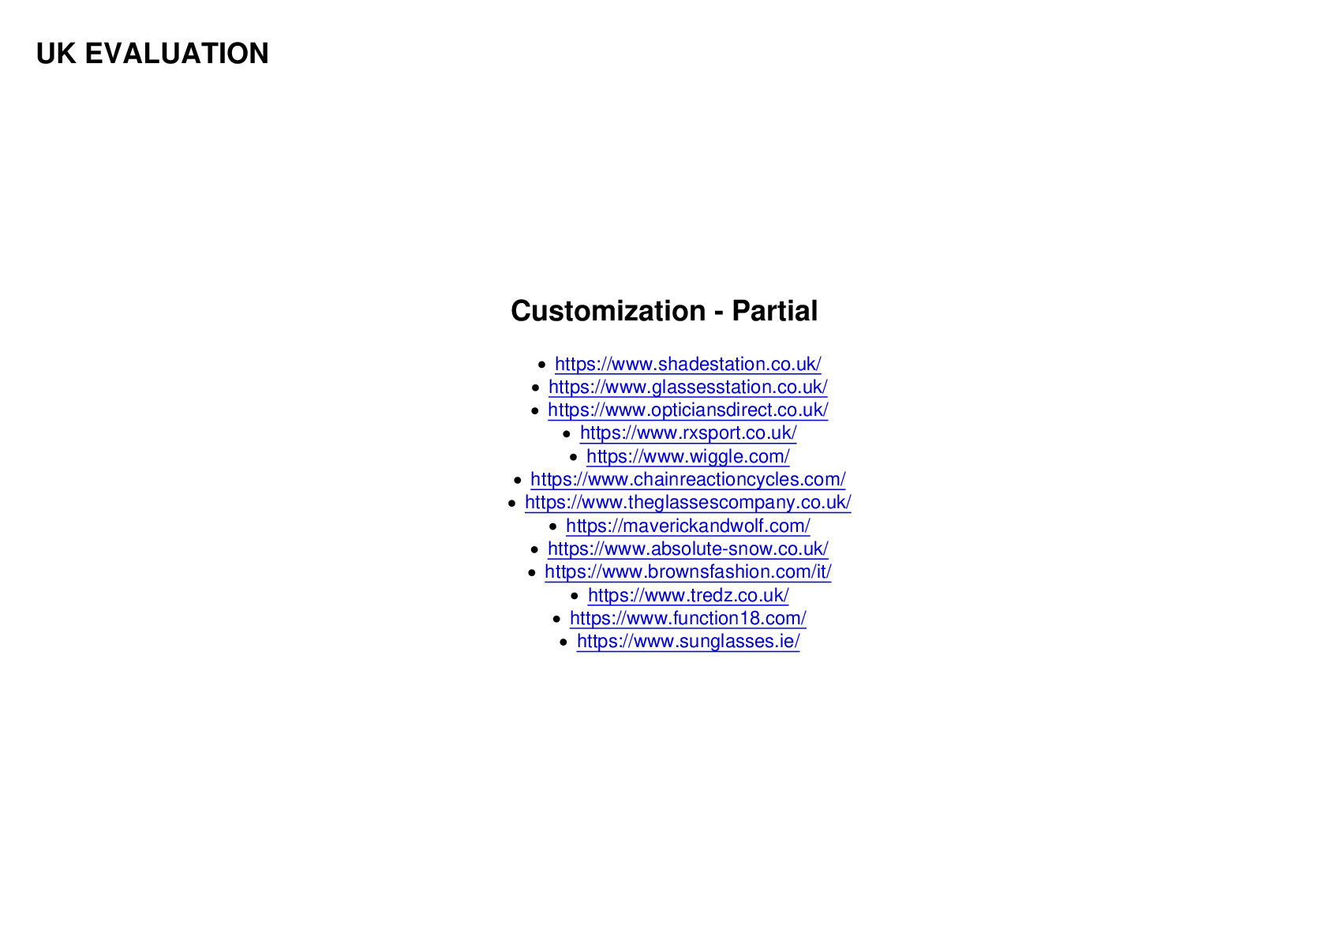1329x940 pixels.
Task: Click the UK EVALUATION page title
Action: coord(152,54)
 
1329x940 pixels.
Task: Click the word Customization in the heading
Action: coord(608,311)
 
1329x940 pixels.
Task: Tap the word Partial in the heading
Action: coord(774,311)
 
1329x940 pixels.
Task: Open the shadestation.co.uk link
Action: coord(687,364)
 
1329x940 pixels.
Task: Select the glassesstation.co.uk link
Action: coord(687,387)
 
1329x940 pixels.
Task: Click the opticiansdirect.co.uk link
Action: coord(687,410)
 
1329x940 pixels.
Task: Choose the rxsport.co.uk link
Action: coord(687,433)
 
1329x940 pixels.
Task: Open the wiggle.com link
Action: coord(687,456)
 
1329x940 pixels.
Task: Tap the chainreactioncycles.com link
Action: coord(687,480)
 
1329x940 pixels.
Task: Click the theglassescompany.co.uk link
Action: coord(687,503)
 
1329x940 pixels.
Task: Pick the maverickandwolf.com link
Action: coord(687,526)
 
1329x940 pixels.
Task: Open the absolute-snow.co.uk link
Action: coord(687,549)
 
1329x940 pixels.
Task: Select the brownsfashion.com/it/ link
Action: coord(687,572)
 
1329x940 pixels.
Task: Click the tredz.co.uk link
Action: coord(687,595)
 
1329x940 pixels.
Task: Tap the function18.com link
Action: coord(687,618)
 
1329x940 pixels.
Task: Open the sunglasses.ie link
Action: coord(687,642)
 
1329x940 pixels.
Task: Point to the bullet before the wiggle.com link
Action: coord(573,457)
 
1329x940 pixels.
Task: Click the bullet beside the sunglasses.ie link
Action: coord(563,642)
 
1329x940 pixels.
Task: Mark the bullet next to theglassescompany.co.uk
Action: coord(511,504)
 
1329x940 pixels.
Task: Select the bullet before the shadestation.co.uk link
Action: coord(541,365)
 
